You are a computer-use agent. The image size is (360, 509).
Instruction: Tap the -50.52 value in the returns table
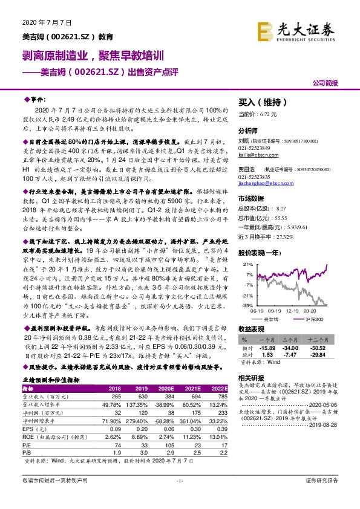326,349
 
